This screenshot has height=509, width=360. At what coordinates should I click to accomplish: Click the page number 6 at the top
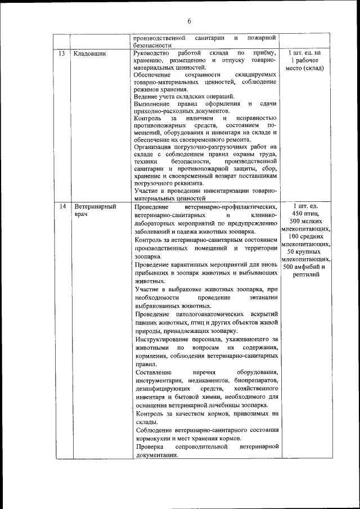[189, 21]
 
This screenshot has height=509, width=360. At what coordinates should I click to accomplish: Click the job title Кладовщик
[90, 53]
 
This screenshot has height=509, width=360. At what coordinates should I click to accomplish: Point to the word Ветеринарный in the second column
[94, 206]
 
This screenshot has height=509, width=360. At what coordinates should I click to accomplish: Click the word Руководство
[152, 53]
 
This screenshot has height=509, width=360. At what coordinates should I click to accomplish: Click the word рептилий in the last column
[306, 274]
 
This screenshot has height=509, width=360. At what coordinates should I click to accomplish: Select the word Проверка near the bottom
[150, 447]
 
